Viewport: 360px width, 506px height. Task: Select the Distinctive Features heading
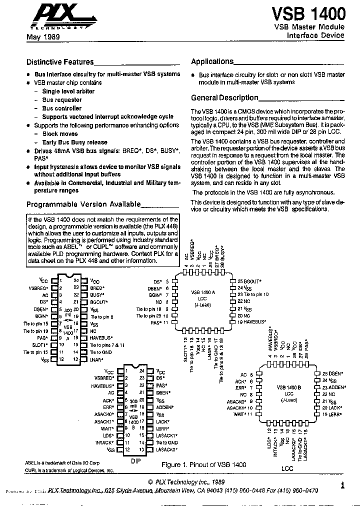(60, 62)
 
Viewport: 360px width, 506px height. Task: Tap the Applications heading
(212, 61)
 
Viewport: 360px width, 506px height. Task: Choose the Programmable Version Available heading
(83, 204)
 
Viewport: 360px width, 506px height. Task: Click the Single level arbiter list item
(68, 91)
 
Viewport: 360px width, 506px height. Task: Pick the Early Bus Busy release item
(74, 142)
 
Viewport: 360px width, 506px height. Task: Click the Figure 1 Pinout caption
(203, 464)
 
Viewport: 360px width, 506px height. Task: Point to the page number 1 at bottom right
(342, 484)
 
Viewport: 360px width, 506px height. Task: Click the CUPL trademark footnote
(69, 470)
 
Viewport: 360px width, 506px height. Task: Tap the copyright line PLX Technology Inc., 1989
(186, 481)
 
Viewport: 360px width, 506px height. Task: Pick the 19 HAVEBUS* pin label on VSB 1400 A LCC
(252, 323)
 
